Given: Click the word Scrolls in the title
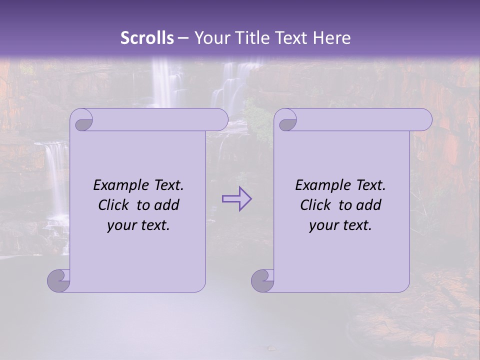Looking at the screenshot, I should click(x=147, y=38).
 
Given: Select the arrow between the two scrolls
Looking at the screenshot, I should click(x=236, y=199).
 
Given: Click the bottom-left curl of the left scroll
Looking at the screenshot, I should click(x=59, y=280).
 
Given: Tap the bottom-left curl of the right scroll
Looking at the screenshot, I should click(x=262, y=280).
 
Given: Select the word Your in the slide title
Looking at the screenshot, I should click(x=210, y=38).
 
